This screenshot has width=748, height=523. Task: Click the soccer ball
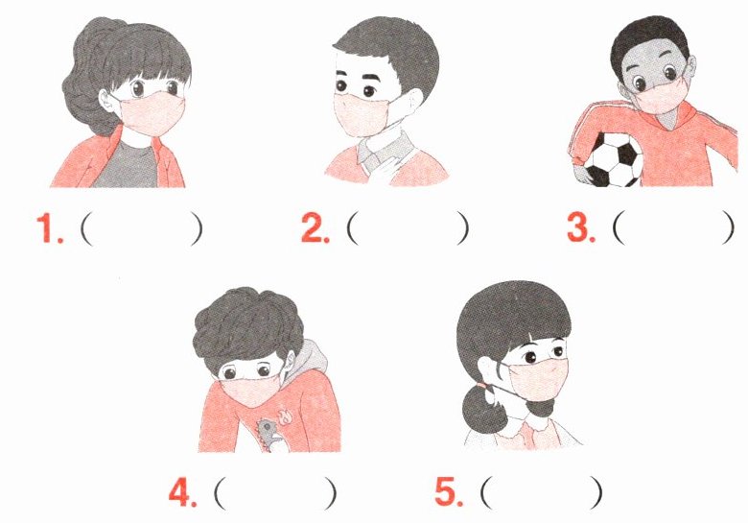pos(613,159)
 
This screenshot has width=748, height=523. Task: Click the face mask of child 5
pos(538,379)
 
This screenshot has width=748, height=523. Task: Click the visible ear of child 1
pos(106,101)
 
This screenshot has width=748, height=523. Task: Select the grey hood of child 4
pos(309,359)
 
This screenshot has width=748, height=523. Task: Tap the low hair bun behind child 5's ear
pos(479,410)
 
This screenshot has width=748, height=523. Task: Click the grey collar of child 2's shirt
pos(384,151)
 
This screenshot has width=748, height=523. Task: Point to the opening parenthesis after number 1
pos(87,229)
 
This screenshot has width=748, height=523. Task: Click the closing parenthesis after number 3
pos(727,227)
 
